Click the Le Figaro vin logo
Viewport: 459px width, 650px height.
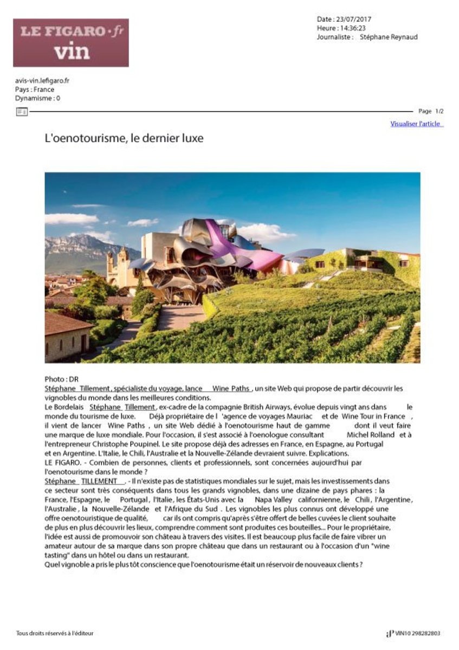point(71,43)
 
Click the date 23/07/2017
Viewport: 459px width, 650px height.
point(352,19)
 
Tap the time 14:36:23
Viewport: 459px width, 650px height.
point(353,28)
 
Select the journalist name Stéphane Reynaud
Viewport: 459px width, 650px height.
point(389,37)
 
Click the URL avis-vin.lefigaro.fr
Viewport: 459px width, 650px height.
point(42,81)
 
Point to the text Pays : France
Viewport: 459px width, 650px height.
point(35,89)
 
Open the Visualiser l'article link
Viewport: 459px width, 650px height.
point(416,124)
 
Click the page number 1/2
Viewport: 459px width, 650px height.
point(439,111)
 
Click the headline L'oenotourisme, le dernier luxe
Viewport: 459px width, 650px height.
point(124,138)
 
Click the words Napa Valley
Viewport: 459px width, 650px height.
point(273,499)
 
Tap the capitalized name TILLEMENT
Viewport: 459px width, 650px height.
point(99,481)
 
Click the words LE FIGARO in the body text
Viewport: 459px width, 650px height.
point(62,462)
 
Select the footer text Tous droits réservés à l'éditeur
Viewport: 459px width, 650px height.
point(55,633)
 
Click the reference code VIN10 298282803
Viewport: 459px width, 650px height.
point(417,633)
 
